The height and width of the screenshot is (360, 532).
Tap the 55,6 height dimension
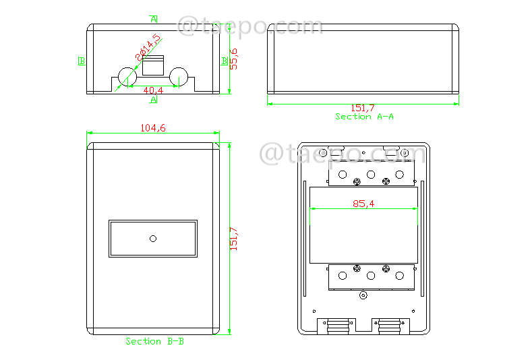click(x=234, y=59)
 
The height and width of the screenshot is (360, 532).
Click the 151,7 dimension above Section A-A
click(x=363, y=108)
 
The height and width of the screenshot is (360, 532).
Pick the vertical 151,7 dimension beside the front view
click(x=234, y=239)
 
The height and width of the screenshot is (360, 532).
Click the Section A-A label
click(x=365, y=117)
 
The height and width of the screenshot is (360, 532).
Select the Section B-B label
click(x=154, y=341)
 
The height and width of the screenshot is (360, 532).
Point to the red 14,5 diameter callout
click(x=148, y=49)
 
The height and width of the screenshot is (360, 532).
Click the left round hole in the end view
click(x=127, y=77)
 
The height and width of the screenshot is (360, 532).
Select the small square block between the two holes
click(x=153, y=66)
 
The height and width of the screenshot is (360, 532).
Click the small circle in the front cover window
click(x=153, y=239)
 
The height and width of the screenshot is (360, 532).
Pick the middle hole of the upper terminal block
click(x=371, y=174)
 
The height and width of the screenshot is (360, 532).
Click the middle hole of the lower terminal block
click(x=371, y=275)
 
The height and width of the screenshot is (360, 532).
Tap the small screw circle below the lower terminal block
click(x=363, y=295)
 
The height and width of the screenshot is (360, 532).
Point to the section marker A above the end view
click(x=154, y=18)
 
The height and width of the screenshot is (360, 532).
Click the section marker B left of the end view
click(x=81, y=61)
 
